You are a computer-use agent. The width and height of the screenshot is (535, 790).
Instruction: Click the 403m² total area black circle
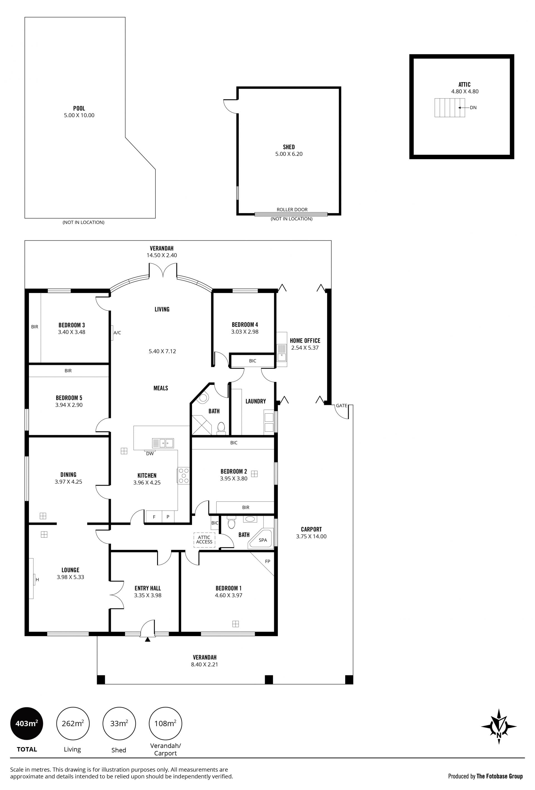[27, 724]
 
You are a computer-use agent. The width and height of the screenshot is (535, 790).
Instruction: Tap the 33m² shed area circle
[119, 724]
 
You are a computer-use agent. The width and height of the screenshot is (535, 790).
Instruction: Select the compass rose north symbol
[499, 726]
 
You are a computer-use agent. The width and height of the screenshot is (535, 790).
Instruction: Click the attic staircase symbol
[449, 108]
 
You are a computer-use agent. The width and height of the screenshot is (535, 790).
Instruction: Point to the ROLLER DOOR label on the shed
[292, 210]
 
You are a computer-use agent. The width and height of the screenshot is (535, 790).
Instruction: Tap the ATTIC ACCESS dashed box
[204, 540]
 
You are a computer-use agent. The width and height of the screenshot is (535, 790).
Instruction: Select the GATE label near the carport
[341, 405]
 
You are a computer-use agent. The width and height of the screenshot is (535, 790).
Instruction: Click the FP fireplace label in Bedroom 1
[268, 561]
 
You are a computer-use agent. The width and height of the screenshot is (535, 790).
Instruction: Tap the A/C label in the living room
[117, 333]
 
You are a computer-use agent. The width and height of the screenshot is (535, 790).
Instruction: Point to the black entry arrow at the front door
[147, 639]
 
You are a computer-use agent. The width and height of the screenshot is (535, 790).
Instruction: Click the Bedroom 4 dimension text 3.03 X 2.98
[245, 332]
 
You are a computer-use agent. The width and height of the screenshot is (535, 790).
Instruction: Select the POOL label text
[79, 108]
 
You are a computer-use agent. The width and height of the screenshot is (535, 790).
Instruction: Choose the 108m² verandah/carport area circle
[166, 724]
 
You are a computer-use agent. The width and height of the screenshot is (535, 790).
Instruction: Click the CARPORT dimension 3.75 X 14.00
[311, 537]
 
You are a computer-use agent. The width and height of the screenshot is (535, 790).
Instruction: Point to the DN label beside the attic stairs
[473, 108]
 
